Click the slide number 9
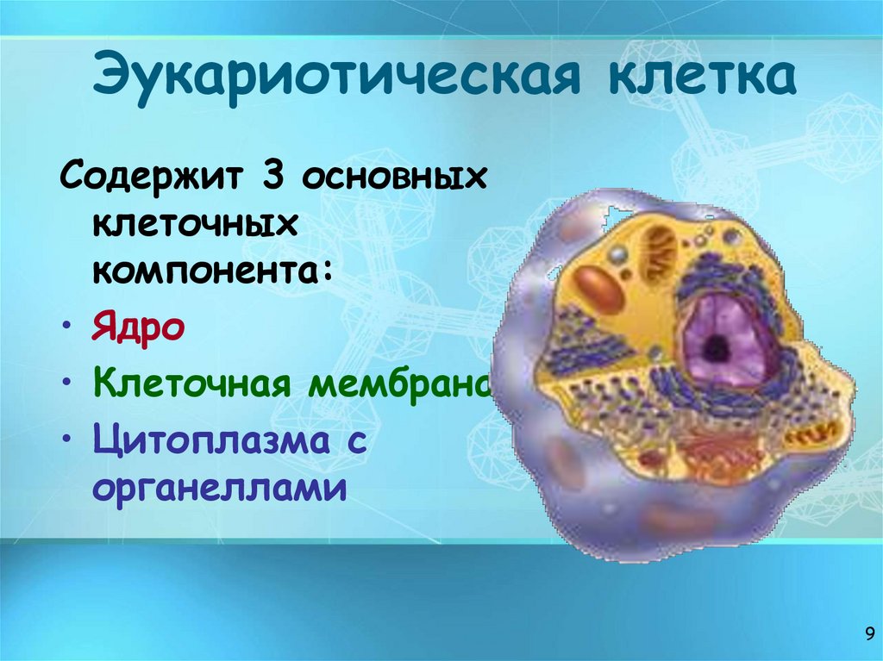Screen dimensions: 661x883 click(868, 635)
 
